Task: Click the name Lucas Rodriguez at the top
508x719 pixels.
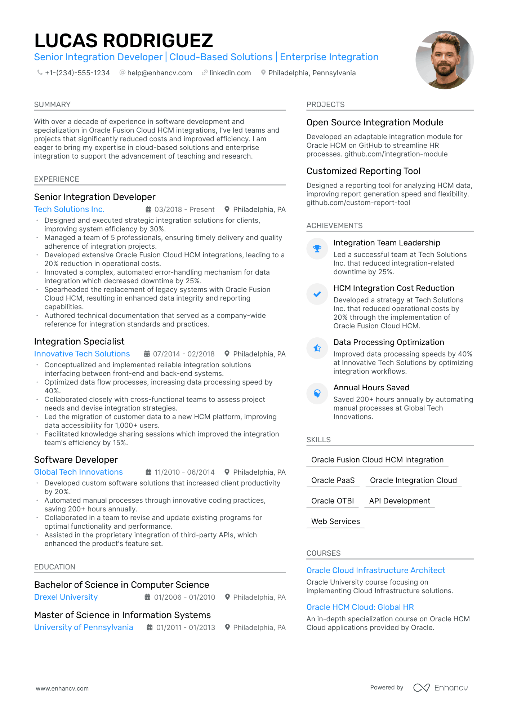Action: click(124, 41)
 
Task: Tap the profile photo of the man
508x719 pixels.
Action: click(444, 60)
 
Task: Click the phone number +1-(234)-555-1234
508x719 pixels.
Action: click(77, 73)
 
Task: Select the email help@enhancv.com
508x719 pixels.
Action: click(160, 73)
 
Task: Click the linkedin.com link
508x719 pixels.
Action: click(230, 73)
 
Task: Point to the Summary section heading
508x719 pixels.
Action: click(52, 105)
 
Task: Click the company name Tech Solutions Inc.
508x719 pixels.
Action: click(69, 209)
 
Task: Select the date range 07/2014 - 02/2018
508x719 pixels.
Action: click(183, 354)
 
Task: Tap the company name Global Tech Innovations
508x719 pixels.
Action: click(78, 472)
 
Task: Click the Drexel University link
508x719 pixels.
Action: click(66, 597)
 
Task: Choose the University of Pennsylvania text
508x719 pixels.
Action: click(84, 627)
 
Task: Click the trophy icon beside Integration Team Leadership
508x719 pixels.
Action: click(317, 249)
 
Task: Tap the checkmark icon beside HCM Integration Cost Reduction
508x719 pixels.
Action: click(317, 294)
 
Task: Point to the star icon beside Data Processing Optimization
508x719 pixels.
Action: click(317, 348)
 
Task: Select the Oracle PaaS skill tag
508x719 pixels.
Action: click(333, 480)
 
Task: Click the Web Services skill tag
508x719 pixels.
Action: click(335, 522)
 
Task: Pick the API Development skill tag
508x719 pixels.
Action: click(400, 501)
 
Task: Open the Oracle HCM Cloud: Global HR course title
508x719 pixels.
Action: click(360, 607)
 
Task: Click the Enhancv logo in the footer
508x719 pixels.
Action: click(440, 688)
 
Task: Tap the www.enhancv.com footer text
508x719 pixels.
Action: click(62, 688)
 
